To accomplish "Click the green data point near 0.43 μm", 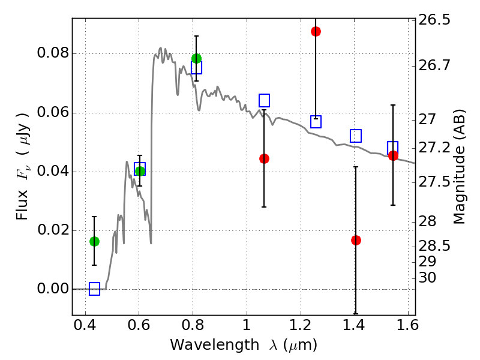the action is [x=94, y=242].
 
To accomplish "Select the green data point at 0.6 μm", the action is [x=140, y=171].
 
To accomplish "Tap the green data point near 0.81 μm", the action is [x=197, y=58].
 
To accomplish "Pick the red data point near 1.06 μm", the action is [x=264, y=158].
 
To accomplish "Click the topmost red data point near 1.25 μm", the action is [x=316, y=32].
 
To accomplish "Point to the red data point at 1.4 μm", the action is [x=356, y=241].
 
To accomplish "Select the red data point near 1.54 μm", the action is [x=393, y=156].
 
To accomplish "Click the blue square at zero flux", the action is [x=94, y=289].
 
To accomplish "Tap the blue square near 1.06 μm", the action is [x=264, y=100].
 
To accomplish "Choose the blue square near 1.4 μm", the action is [x=356, y=136].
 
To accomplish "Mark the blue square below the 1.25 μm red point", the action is [x=316, y=122].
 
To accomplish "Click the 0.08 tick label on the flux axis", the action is [x=53, y=53].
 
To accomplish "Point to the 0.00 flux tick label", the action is [x=53, y=289].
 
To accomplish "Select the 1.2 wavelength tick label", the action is [x=301, y=325].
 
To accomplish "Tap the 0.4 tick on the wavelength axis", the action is [x=85, y=325].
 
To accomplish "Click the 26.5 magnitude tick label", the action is [x=434, y=20].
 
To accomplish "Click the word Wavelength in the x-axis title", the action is [x=215, y=345].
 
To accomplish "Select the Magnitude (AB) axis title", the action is [x=458, y=167].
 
